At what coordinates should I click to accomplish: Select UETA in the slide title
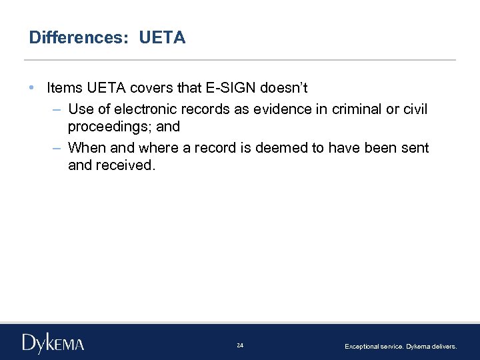click(x=162, y=38)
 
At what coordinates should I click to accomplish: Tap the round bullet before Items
click(x=33, y=88)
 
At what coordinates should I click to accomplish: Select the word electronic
click(x=149, y=109)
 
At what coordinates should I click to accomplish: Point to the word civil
click(x=415, y=109)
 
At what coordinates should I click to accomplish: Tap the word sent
click(x=415, y=147)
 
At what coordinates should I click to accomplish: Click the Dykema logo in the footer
click(x=53, y=343)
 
